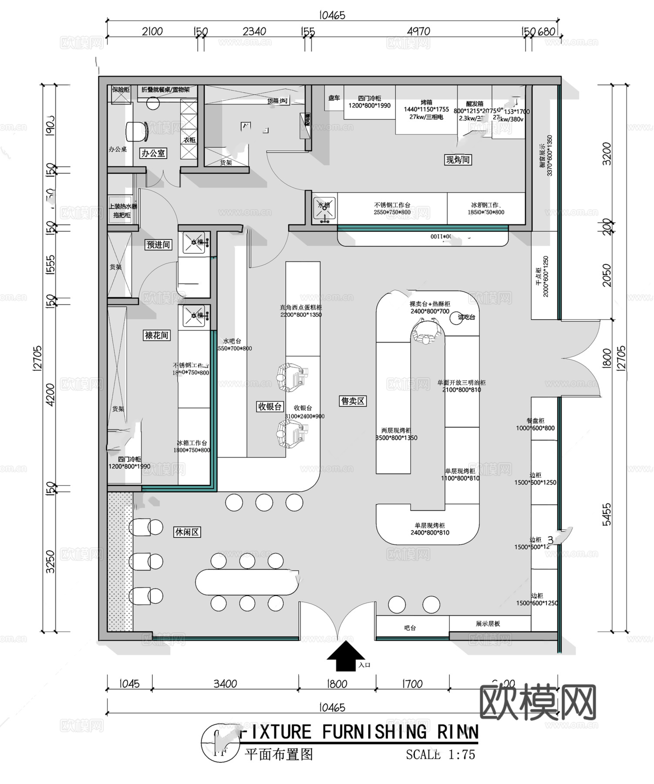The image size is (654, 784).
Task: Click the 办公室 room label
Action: [x=153, y=153]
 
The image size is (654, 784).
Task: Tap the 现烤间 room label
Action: [x=458, y=160]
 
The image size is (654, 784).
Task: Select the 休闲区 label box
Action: [x=187, y=532]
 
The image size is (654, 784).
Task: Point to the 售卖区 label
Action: [x=352, y=401]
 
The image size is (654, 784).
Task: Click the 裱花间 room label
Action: [x=156, y=335]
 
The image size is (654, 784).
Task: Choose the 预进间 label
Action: [x=158, y=245]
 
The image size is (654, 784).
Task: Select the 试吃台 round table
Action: [x=462, y=317]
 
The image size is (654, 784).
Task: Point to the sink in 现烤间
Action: [x=324, y=208]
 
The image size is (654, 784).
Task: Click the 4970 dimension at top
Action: [x=418, y=31]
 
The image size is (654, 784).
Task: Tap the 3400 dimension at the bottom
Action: [x=225, y=683]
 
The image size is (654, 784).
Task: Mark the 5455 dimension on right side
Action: [x=607, y=514]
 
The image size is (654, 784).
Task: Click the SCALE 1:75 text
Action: [x=440, y=754]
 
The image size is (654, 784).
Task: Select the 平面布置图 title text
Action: [x=279, y=754]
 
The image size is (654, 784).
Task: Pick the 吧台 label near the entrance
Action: [x=410, y=628]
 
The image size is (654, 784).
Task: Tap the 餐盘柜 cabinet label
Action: [x=535, y=421]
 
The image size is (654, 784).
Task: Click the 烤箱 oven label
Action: [x=426, y=102]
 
